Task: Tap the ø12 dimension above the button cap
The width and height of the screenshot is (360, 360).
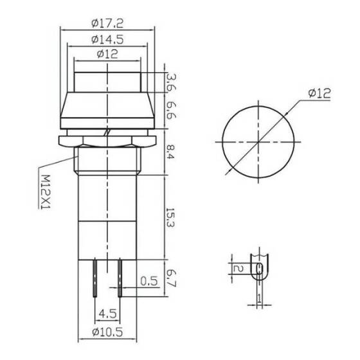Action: click(108, 55)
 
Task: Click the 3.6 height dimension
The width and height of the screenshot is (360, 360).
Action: click(170, 82)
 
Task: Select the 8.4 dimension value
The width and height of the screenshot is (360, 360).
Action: click(170, 152)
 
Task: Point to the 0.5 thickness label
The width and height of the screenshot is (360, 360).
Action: click(150, 280)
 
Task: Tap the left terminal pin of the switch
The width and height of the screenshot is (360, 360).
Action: click(94, 276)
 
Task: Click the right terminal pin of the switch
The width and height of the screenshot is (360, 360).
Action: click(120, 276)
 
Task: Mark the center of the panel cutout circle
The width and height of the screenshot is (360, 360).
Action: click(260, 140)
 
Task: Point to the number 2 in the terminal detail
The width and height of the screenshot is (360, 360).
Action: click(237, 269)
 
